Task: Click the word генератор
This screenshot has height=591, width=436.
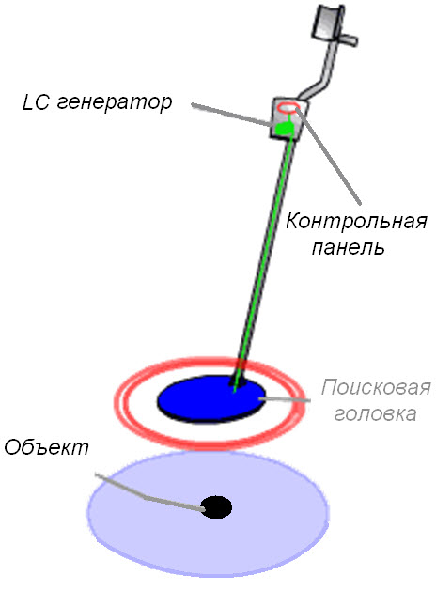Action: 115,102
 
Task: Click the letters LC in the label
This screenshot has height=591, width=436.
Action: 36,101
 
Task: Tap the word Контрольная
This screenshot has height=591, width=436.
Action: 356,221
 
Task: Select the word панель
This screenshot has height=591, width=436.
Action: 349,248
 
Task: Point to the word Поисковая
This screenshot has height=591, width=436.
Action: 376,387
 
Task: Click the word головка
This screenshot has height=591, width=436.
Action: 375,413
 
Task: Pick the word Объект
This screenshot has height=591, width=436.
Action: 46,447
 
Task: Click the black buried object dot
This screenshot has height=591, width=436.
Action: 216,507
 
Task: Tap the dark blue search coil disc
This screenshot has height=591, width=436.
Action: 211,397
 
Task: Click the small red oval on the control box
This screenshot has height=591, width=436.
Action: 288,108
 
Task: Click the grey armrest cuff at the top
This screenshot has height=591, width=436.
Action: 328,23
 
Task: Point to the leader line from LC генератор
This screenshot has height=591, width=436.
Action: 231,115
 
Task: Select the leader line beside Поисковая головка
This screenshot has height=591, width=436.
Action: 284,399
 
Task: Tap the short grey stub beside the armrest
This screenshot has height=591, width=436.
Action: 349,39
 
